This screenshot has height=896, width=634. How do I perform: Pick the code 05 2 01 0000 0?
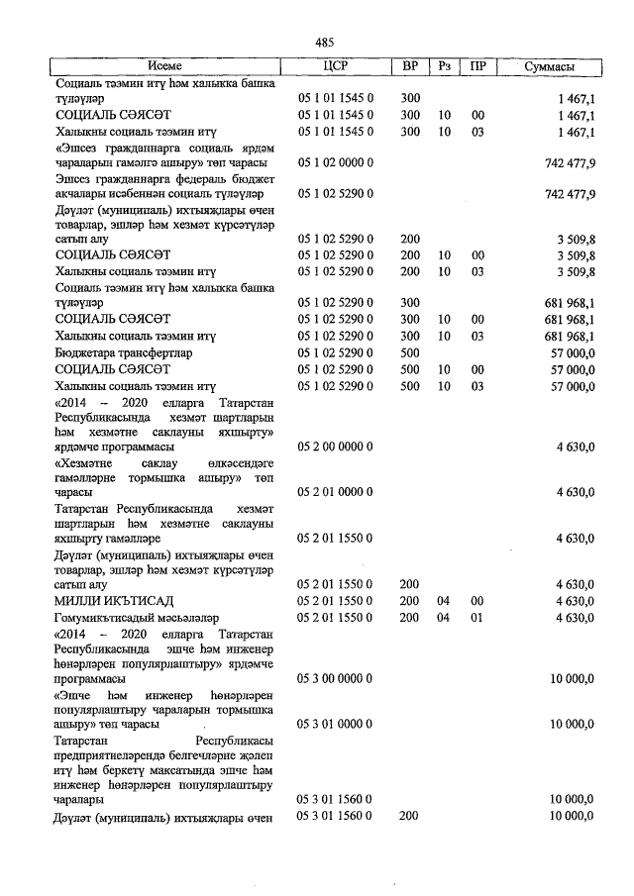tap(336, 492)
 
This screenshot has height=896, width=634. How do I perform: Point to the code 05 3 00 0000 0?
tap(336, 679)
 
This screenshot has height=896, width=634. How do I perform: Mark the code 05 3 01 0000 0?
tap(336, 725)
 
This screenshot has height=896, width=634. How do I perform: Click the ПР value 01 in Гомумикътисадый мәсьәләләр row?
tap(477, 618)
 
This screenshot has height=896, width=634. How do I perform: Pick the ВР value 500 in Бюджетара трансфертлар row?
tap(410, 352)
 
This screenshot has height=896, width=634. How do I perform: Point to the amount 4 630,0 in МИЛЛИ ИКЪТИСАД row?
tap(575, 601)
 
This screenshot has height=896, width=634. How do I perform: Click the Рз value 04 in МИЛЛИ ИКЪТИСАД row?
tap(444, 601)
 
